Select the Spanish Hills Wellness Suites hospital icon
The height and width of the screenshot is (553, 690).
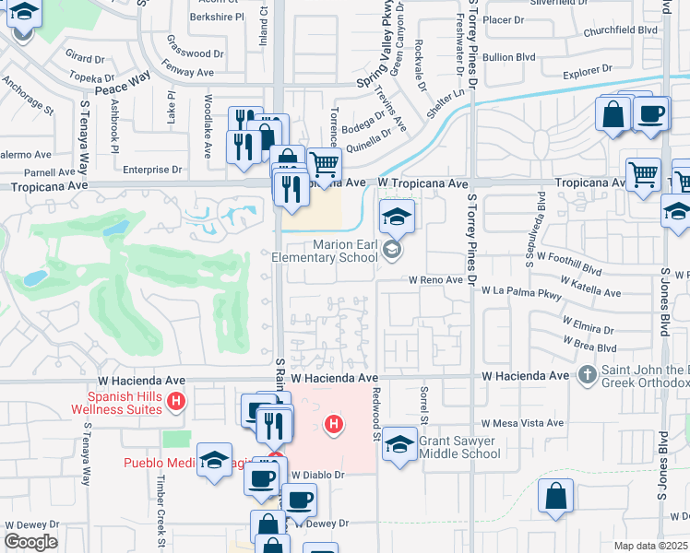coord(178,402)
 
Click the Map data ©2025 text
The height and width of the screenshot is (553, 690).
coord(650,546)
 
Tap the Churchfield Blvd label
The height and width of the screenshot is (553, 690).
coord(621,29)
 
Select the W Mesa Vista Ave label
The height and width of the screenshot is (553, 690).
coord(517,423)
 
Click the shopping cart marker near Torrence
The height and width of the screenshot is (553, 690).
coord(324,164)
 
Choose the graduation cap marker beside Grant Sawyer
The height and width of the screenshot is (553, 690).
coord(399,445)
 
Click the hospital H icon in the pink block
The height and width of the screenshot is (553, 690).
coord(333,424)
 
